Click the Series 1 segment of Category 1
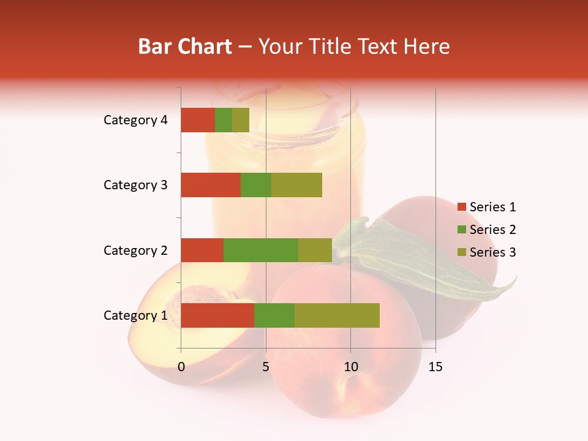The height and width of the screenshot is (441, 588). tap(217, 315)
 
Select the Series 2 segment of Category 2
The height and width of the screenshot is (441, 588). tap(261, 250)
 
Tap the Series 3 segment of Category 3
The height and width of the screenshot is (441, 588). tap(296, 185)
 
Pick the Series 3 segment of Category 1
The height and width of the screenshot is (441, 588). tap(337, 315)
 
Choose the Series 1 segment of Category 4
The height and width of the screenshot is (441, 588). tap(198, 120)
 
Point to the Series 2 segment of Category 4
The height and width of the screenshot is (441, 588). tap(224, 120)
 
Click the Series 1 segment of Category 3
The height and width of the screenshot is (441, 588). tap(211, 185)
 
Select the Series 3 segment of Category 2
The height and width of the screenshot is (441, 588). tap(315, 250)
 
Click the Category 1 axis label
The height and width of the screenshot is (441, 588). tap(135, 315)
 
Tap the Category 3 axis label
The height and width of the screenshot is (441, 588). tap(135, 185)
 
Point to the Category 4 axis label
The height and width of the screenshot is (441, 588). tap(135, 120)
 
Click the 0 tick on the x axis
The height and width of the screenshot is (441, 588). tap(181, 367)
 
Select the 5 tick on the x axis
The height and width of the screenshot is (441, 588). tap(266, 367)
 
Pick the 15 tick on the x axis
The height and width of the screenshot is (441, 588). tap(435, 367)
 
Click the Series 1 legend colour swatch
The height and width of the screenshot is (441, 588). tap(461, 207)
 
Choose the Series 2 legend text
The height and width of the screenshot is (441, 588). tap(492, 230)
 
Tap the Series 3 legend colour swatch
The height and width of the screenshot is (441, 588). tap(461, 252)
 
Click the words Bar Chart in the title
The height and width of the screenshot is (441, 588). tap(185, 47)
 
